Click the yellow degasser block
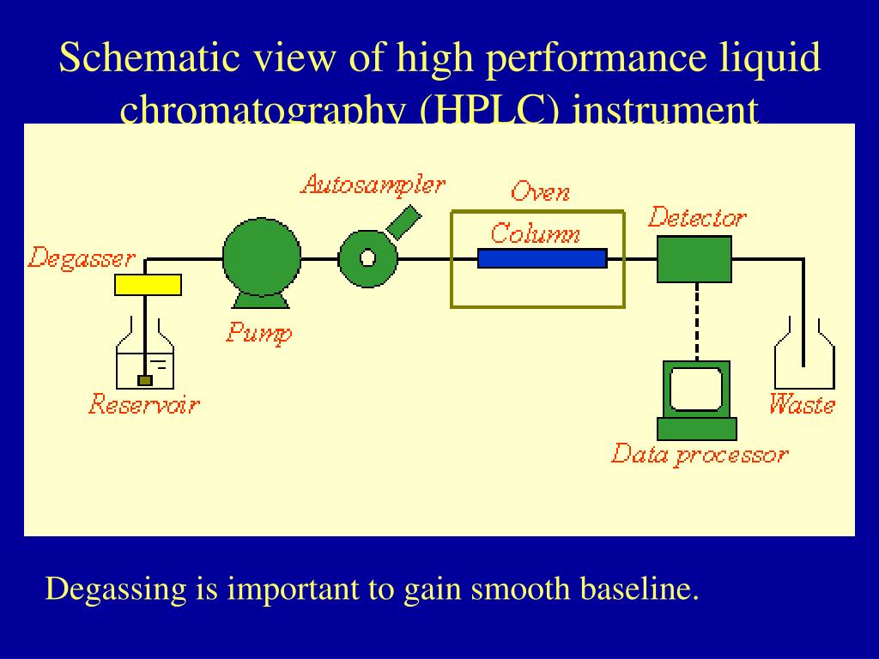click(148, 285)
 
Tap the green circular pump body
click(262, 257)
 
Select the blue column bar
click(542, 258)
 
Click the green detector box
click(694, 259)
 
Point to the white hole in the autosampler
click(367, 258)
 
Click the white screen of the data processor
click(695, 389)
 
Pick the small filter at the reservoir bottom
click(145, 380)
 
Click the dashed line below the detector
click(696, 322)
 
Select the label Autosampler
click(373, 184)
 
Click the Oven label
click(540, 191)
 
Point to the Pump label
click(258, 332)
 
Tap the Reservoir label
click(143, 404)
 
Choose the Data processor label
click(699, 455)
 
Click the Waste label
click(802, 404)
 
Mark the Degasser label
click(82, 258)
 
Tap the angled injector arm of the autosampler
click(403, 221)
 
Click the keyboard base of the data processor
click(696, 428)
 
